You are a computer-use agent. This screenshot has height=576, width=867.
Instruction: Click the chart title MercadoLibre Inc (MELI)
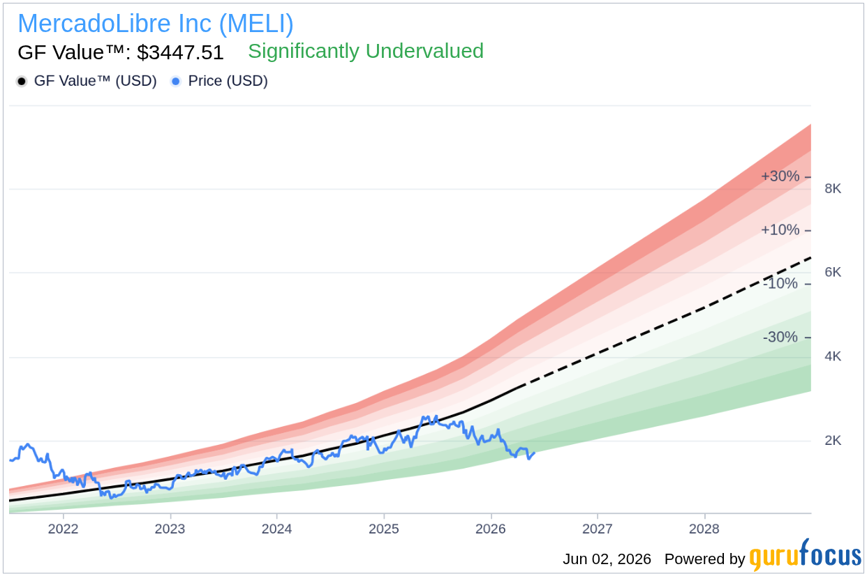pyautogui.click(x=156, y=24)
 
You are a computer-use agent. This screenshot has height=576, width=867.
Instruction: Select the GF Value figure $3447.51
pyautogui.click(x=180, y=52)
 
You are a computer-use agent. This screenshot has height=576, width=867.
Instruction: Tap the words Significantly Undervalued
pyautogui.click(x=366, y=51)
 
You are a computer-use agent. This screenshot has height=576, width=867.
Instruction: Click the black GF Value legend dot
pyautogui.click(x=22, y=82)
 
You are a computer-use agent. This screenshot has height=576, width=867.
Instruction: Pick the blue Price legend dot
pyautogui.click(x=176, y=82)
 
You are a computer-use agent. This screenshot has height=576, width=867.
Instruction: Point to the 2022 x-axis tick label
pyautogui.click(x=63, y=529)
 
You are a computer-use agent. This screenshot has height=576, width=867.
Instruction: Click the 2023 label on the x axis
pyautogui.click(x=170, y=529)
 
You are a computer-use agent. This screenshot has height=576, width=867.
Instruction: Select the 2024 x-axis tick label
pyautogui.click(x=276, y=529)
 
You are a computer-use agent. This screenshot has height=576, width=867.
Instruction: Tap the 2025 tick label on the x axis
pyautogui.click(x=383, y=529)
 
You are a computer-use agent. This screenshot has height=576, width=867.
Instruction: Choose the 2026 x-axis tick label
pyautogui.click(x=491, y=529)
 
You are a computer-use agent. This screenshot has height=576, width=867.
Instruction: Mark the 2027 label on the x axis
pyautogui.click(x=598, y=529)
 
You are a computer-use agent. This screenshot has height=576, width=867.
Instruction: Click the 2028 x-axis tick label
pyautogui.click(x=704, y=529)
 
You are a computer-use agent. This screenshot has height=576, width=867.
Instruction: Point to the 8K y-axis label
pyautogui.click(x=833, y=189)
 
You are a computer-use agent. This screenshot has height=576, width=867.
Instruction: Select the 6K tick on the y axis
pyautogui.click(x=833, y=272)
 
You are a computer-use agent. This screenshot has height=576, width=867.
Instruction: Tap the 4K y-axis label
pyautogui.click(x=833, y=356)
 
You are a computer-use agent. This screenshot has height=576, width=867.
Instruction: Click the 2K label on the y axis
pyautogui.click(x=833, y=440)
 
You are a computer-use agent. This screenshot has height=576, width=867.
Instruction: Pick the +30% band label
pyautogui.click(x=780, y=176)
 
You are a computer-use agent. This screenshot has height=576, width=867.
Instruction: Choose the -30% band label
pyautogui.click(x=780, y=337)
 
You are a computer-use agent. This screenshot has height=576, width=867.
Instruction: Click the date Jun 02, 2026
pyautogui.click(x=607, y=559)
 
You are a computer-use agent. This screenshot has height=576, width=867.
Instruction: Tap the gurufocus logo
pyautogui.click(x=806, y=555)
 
